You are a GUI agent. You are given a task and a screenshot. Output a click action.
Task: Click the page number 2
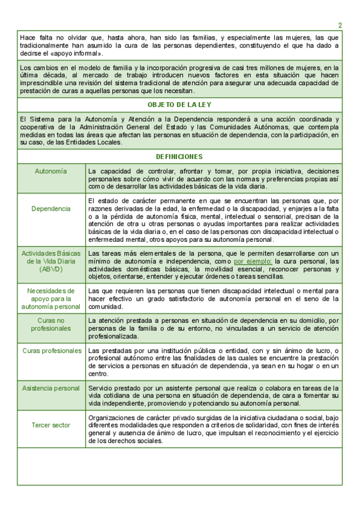[x=340, y=25]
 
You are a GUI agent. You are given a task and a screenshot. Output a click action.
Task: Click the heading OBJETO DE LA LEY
[x=179, y=104]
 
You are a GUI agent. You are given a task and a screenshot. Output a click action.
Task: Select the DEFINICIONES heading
[x=179, y=157]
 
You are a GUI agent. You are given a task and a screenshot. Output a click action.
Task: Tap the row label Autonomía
[x=51, y=171]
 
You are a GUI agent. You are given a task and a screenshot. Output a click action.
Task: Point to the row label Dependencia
[x=51, y=209]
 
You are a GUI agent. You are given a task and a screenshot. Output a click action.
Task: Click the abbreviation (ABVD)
[x=51, y=270]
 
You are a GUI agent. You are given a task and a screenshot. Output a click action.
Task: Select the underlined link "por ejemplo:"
[x=253, y=262]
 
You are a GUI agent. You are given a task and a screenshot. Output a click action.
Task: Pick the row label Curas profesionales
[x=52, y=351]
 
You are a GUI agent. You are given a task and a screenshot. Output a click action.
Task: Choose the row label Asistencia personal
[x=51, y=388]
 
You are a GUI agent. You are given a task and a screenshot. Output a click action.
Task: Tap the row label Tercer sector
[x=51, y=426]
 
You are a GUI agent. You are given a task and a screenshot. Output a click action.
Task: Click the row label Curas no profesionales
[x=51, y=324]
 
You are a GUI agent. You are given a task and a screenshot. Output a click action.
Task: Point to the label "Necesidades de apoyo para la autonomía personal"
[x=51, y=298]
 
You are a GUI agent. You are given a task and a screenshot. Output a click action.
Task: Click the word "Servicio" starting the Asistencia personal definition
[x=100, y=388]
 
